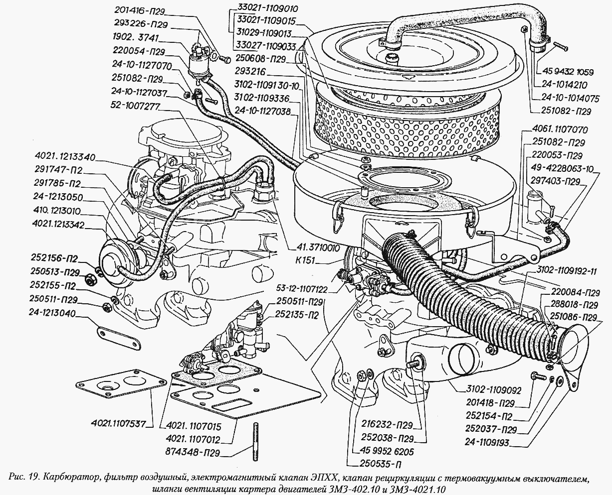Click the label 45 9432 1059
click(567, 72)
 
